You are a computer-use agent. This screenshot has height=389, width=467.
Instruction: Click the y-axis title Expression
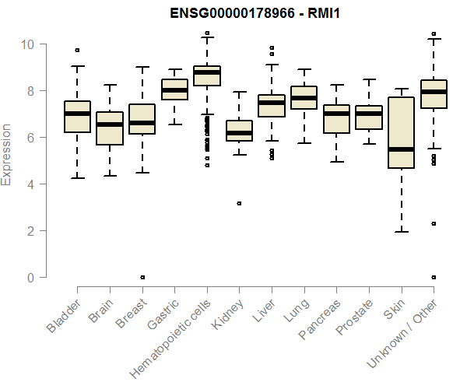(x=7, y=154)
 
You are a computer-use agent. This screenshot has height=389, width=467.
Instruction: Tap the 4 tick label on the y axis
(x=31, y=184)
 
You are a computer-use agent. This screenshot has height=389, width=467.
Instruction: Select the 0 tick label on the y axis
(x=31, y=278)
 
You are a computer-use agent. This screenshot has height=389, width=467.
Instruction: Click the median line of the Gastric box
(x=174, y=90)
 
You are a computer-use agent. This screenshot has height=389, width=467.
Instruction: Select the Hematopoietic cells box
(x=206, y=76)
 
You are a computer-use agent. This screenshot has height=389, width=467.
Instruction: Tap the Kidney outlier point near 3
(x=239, y=203)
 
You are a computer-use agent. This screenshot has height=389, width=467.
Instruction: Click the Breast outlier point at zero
(x=142, y=277)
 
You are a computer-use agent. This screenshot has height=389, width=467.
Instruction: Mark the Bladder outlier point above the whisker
(x=77, y=51)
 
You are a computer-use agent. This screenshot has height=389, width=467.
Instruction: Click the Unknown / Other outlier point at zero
(x=433, y=277)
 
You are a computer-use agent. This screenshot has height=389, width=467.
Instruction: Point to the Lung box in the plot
(x=304, y=97)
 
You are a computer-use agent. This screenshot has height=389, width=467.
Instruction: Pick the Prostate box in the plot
(x=368, y=117)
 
